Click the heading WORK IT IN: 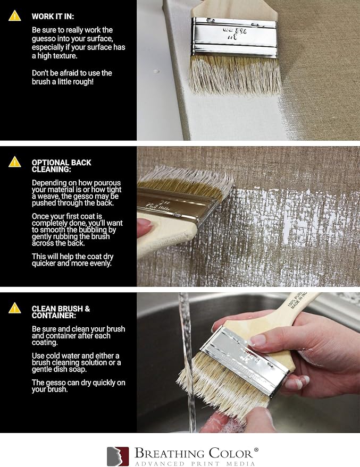tap(53, 16)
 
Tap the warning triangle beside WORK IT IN tap(14, 16)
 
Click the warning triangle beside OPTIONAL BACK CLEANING tap(14, 162)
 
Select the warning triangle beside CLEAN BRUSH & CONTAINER tap(14, 308)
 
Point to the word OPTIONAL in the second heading tap(51, 163)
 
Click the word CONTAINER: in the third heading tap(54, 316)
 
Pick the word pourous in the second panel tap(107, 183)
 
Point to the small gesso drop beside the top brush tap(156, 71)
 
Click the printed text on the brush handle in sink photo tap(297, 300)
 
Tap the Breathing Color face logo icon tap(118, 456)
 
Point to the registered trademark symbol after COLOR tap(256, 449)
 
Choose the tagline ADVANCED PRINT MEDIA tap(195, 463)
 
